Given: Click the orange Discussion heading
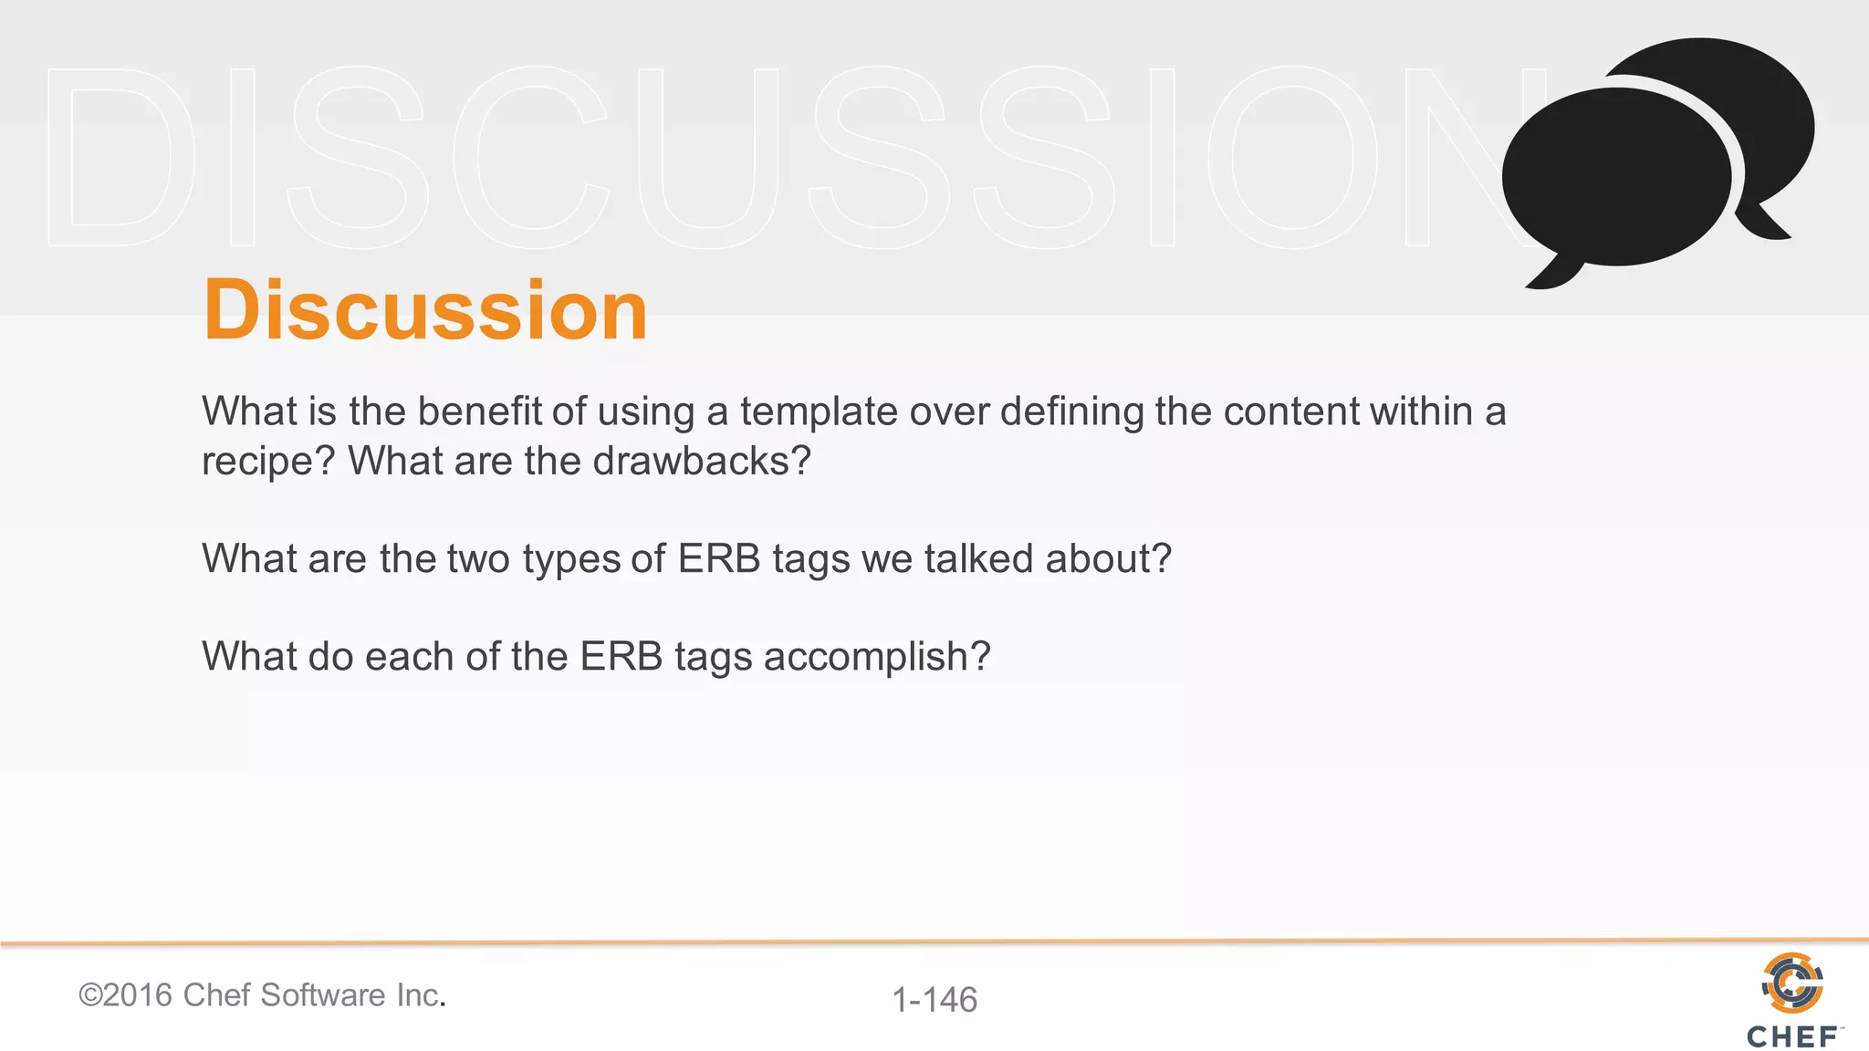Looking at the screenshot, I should pos(425,310).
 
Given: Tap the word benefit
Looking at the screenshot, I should pos(479,411).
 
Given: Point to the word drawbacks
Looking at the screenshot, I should pos(691,461).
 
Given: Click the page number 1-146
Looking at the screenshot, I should pos(934,1000).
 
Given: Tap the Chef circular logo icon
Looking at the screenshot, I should pos(1792,983).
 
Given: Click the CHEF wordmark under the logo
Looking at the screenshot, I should pos(1792,1037).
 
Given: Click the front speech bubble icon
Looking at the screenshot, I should pos(1615,178).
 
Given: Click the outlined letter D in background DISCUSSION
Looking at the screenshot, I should pos(120,157).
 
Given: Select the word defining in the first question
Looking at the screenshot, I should pos(1071,411).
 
